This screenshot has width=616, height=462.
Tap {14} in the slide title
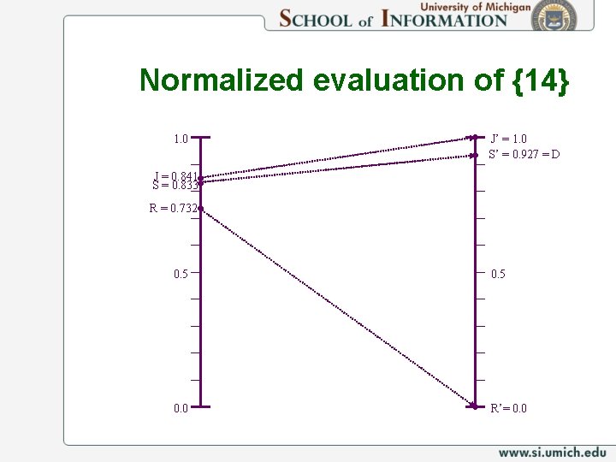point(541,80)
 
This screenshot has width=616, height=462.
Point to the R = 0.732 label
point(173,208)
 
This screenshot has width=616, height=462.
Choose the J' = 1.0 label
point(509,139)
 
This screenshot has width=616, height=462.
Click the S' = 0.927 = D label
point(524,155)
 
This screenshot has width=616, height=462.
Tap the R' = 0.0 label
point(509,408)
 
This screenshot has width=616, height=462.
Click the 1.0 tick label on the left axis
point(181,139)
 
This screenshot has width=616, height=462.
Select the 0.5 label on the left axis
point(181,274)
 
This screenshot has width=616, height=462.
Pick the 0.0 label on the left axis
point(181,408)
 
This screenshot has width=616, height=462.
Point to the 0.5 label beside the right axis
point(499,274)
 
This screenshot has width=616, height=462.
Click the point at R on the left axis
point(200,208)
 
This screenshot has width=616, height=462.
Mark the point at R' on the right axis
point(474,406)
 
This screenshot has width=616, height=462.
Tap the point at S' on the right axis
point(474,156)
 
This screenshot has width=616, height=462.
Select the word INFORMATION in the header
point(444,18)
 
